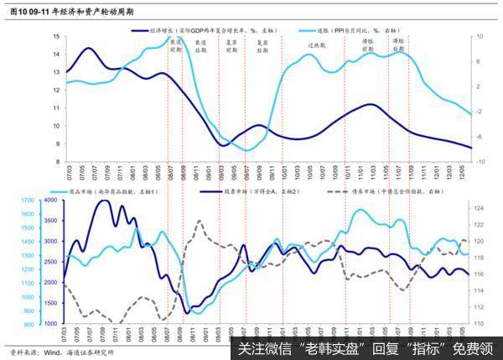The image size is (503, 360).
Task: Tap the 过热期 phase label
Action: [x=316, y=44]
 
